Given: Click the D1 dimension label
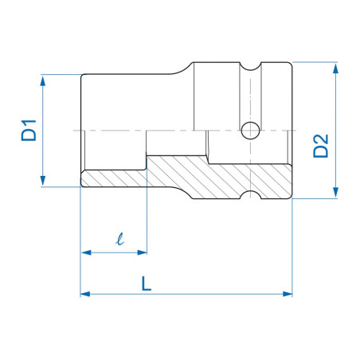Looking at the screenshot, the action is (x=29, y=131).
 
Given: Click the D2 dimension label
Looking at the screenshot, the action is (x=321, y=147).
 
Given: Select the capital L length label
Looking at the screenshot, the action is (x=146, y=284).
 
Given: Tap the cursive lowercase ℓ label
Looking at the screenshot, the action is (x=120, y=239).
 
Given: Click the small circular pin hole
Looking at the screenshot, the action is (x=250, y=131).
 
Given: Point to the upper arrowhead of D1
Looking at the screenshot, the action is (x=43, y=80).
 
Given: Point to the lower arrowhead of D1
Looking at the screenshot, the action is (x=43, y=181).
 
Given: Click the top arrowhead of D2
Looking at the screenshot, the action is (x=335, y=68).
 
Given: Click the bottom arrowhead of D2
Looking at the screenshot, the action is (x=335, y=192).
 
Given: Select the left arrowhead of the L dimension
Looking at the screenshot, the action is (x=85, y=294).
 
